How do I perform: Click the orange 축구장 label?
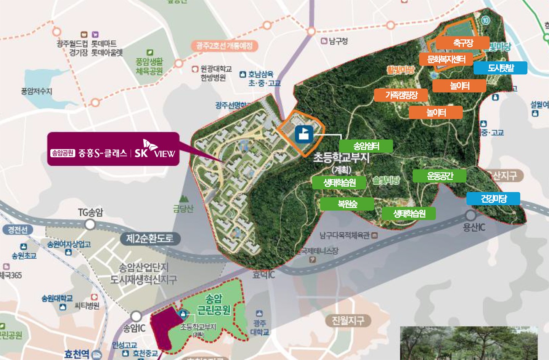(x=462, y=43)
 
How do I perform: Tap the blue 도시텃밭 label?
(x=500, y=68)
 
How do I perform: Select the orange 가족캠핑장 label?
(x=401, y=95)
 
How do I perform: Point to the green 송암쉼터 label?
(x=366, y=146)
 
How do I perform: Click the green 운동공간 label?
(x=440, y=176)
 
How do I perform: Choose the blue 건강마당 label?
(x=493, y=198)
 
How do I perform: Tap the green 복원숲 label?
(x=347, y=204)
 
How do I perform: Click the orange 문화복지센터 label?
(x=446, y=59)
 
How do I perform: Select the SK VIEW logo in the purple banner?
(x=154, y=150)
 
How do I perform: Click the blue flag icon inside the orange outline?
(x=304, y=134)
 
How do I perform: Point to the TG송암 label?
(x=90, y=212)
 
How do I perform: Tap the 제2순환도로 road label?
(x=149, y=238)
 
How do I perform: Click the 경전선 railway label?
(x=18, y=230)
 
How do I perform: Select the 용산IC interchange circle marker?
(x=470, y=215)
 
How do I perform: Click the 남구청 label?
(x=338, y=41)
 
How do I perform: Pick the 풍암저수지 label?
(x=36, y=91)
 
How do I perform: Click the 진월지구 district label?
(x=348, y=320)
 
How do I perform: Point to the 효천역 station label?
(x=77, y=354)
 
